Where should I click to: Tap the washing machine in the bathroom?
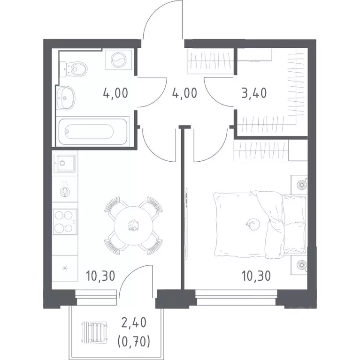pyautogui.click(x=119, y=60)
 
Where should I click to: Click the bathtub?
pyautogui.click(x=93, y=131)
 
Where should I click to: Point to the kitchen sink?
pyautogui.click(x=65, y=163)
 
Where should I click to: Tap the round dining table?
pyautogui.click(x=134, y=225)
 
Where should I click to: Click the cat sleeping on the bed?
pyautogui.click(x=253, y=224)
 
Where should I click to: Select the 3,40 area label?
pyautogui.click(x=254, y=93)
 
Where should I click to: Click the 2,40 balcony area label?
pyautogui.click(x=134, y=322)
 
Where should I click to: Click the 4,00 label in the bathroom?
pyautogui.click(x=115, y=93)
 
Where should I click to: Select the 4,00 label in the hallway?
pyautogui.click(x=184, y=93)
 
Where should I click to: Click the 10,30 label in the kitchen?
pyautogui.click(x=100, y=276)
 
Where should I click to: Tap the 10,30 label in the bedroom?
pyautogui.click(x=256, y=276)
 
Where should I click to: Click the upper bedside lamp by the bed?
pyautogui.click(x=301, y=184)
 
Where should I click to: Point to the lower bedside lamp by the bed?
pyautogui.click(x=301, y=265)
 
